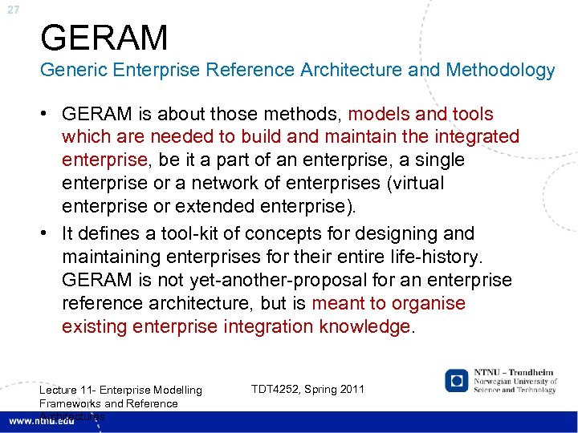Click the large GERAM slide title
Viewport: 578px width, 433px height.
click(x=104, y=38)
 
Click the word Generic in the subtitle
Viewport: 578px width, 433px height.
click(x=73, y=71)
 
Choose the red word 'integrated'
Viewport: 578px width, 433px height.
click(x=476, y=137)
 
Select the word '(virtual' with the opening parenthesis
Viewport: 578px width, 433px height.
click(x=414, y=183)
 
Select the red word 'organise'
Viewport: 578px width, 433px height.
click(x=429, y=303)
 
